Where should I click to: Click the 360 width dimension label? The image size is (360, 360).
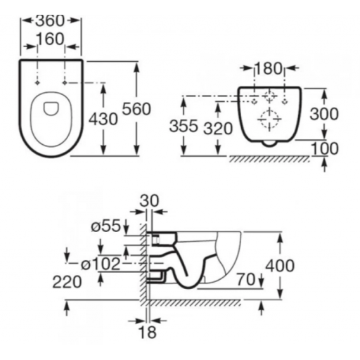(49, 20)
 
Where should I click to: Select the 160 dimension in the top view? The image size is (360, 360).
(51, 39)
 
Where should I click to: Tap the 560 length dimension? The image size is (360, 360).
(136, 109)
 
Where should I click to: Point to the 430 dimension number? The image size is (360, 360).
(103, 119)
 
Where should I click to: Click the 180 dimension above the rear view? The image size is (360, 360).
(269, 69)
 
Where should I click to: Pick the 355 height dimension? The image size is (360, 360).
(184, 126)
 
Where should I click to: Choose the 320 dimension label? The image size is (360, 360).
(218, 129)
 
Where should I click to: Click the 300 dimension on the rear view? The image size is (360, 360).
(324, 114)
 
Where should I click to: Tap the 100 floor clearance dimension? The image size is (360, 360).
(325, 148)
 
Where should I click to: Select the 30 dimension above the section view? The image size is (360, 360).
(149, 201)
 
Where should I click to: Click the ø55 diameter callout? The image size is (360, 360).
(106, 226)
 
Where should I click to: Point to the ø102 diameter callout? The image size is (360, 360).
(101, 264)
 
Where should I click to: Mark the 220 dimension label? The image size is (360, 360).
(67, 282)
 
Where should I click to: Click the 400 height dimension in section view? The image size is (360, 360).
(280, 266)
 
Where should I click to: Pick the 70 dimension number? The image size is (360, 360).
(246, 279)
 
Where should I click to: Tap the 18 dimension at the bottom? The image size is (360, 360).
(148, 332)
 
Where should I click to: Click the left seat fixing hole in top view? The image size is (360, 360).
(37, 83)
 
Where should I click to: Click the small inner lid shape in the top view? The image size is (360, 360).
(51, 109)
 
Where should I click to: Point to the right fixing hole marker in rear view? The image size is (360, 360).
(285, 102)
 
